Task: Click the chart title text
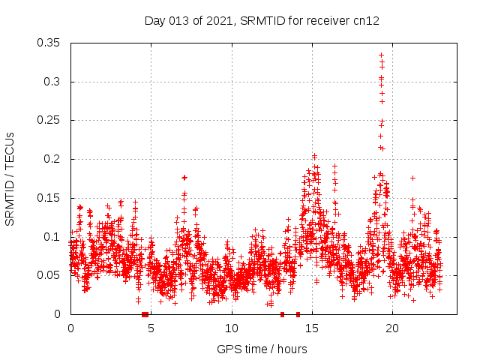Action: [262, 21]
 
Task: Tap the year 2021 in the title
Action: [211, 21]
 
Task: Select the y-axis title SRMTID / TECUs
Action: [10, 178]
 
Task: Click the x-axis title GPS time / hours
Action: [262, 349]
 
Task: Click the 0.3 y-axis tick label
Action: [52, 82]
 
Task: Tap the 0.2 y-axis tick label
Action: [52, 159]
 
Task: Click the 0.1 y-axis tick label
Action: [52, 237]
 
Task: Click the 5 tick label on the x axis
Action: [151, 328]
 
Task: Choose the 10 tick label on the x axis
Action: [231, 328]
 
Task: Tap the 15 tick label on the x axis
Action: [312, 328]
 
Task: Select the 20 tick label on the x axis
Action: [392, 328]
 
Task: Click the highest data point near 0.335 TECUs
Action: [381, 55]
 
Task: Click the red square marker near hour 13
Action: [282, 314]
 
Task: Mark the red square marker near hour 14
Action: [298, 314]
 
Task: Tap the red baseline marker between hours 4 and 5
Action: [145, 314]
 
